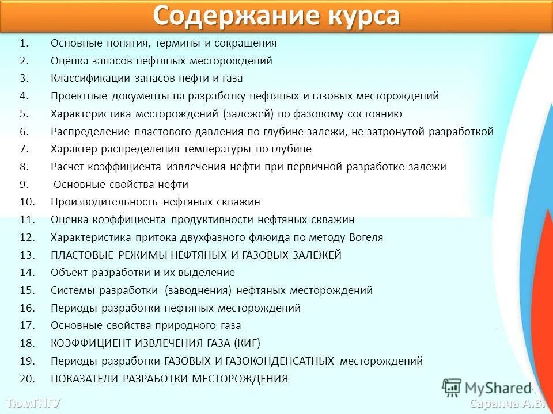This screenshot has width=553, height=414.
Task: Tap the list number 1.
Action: pyautogui.click(x=24, y=43)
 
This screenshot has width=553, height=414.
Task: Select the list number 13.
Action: pyautogui.click(x=27, y=255)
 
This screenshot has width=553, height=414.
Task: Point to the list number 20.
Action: pyautogui.click(x=27, y=379)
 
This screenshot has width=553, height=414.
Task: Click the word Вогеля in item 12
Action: pyautogui.click(x=366, y=237)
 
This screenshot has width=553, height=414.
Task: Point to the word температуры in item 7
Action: pyautogui.click(x=218, y=149)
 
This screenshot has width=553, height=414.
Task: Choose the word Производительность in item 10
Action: pyautogui.click(x=104, y=202)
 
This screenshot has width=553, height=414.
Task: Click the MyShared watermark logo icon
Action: pyautogui.click(x=452, y=388)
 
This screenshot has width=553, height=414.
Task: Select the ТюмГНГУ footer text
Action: pyautogui.click(x=33, y=402)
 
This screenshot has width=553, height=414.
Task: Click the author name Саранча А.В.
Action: pyautogui.click(x=507, y=403)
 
